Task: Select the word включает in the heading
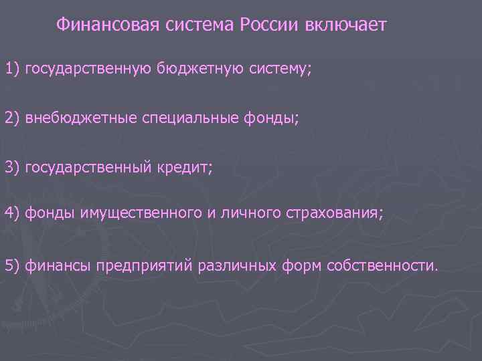click(345, 25)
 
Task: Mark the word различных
click(230, 265)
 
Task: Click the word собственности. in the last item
click(382, 265)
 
